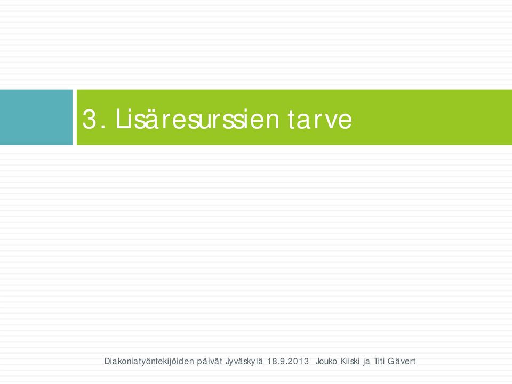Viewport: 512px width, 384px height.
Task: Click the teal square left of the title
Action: pos(36,117)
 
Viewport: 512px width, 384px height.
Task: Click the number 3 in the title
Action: pos(90,119)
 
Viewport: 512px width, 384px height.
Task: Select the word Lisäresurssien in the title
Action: pos(197,119)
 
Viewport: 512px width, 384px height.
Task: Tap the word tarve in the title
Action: pos(320,119)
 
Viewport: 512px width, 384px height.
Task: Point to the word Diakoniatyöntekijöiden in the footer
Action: pos(149,362)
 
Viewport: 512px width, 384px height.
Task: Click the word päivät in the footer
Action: pos(210,362)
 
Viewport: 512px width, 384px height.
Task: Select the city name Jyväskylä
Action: pos(244,362)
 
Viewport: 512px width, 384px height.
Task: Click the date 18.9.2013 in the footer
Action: pos(287,362)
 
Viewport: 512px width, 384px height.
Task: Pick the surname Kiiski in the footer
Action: pos(350,362)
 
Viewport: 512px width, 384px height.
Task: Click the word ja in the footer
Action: pos(367,362)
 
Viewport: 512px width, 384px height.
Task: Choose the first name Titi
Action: pos(379,362)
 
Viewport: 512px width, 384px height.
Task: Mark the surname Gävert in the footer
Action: pos(401,362)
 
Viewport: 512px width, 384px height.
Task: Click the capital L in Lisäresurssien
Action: pos(121,119)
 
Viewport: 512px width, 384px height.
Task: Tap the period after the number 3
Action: pos(103,128)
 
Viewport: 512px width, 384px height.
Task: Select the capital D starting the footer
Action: pos(107,362)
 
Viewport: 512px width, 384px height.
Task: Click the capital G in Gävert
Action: pos(390,362)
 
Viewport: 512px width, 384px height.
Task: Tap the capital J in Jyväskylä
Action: pos(227,362)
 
